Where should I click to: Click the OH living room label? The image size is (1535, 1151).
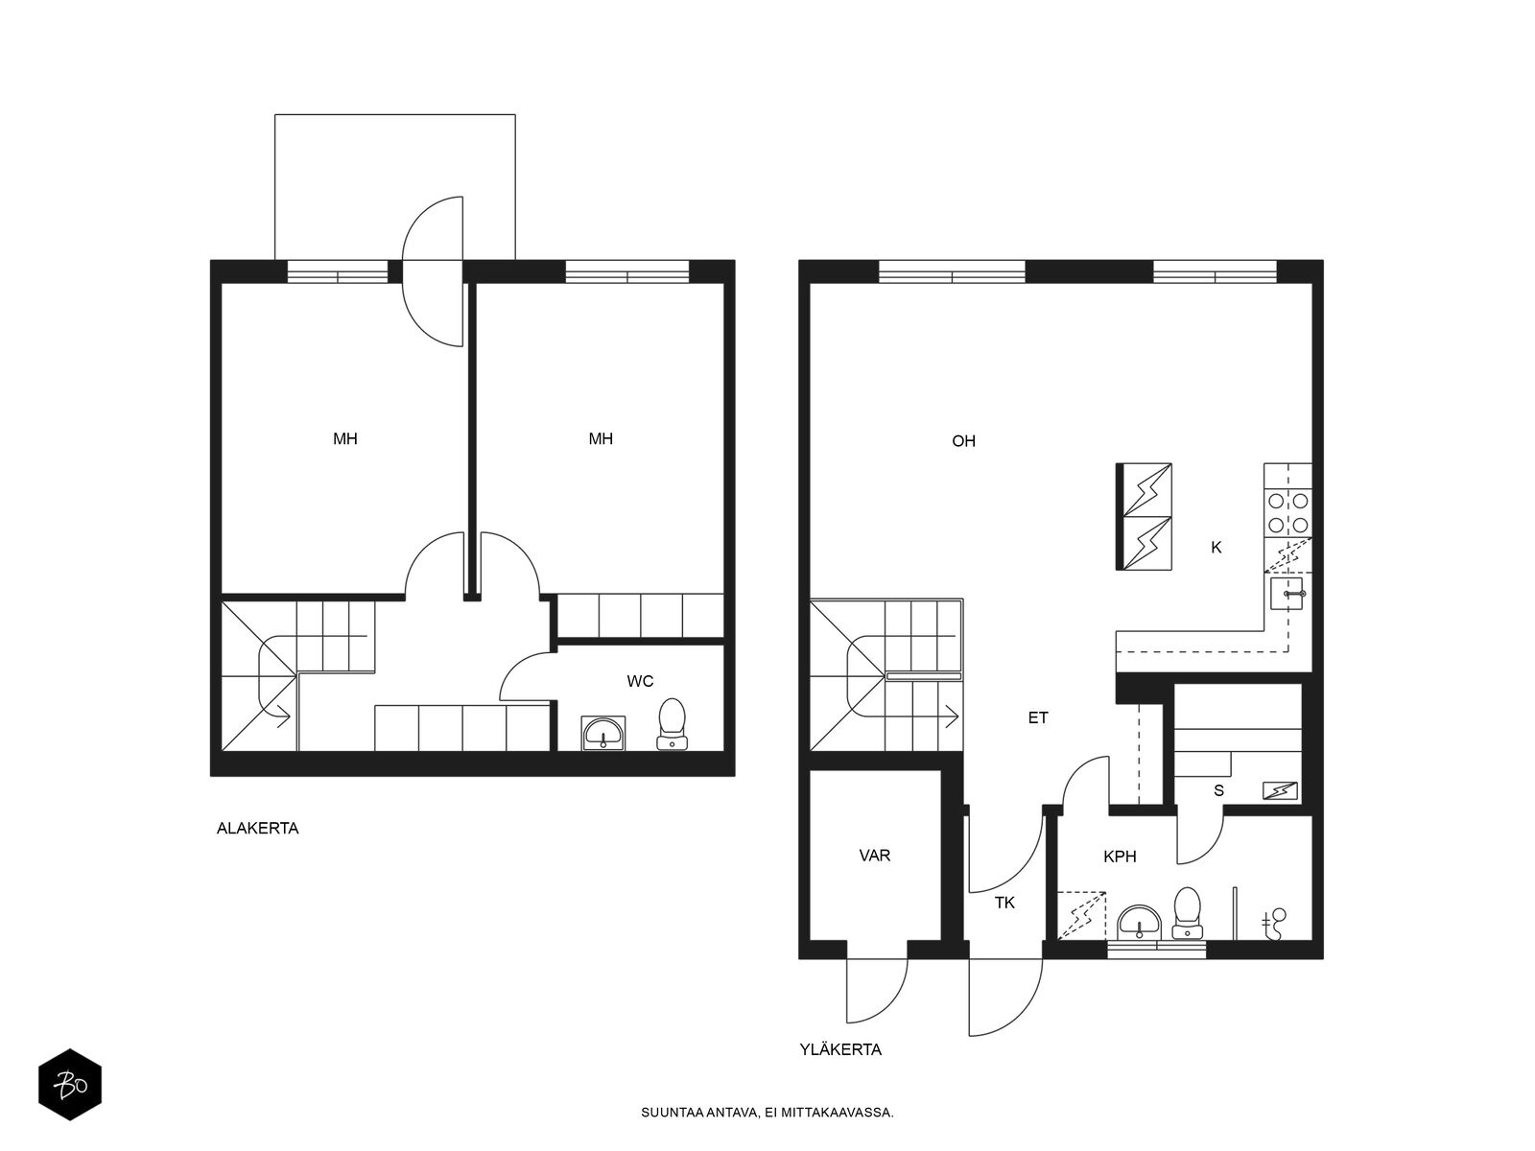[x=963, y=441]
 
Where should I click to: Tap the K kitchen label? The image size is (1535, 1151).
[x=1216, y=548]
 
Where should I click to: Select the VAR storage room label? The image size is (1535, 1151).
[x=874, y=856]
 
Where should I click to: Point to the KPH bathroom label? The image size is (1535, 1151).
[x=1120, y=857]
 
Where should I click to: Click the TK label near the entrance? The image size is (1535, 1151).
[x=1004, y=903]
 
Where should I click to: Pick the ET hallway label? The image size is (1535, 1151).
[x=1038, y=717]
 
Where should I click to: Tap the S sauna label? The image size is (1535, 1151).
[x=1219, y=790]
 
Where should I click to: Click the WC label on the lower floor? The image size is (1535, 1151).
[x=640, y=681]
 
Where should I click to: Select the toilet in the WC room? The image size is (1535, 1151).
[x=673, y=724]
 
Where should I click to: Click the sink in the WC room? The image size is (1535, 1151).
[x=602, y=733]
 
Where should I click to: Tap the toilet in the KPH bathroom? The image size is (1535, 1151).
[x=1187, y=913]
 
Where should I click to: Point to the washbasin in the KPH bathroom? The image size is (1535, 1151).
[x=1139, y=922]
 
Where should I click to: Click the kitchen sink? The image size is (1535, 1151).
[x=1287, y=594]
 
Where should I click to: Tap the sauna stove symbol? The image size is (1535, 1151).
[x=1280, y=790]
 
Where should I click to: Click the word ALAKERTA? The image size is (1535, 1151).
[x=257, y=829]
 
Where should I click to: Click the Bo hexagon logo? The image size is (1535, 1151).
[x=70, y=1085]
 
